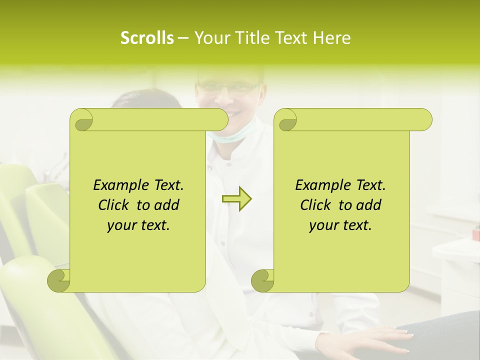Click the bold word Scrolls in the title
[x=147, y=38]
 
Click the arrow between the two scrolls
[x=236, y=199]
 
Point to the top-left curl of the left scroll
[x=81, y=119]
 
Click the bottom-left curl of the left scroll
[x=58, y=280]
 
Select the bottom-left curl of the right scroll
[x=262, y=280]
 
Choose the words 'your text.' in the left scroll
[x=138, y=225]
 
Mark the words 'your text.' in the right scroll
[x=340, y=225]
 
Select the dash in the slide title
[x=183, y=38]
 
